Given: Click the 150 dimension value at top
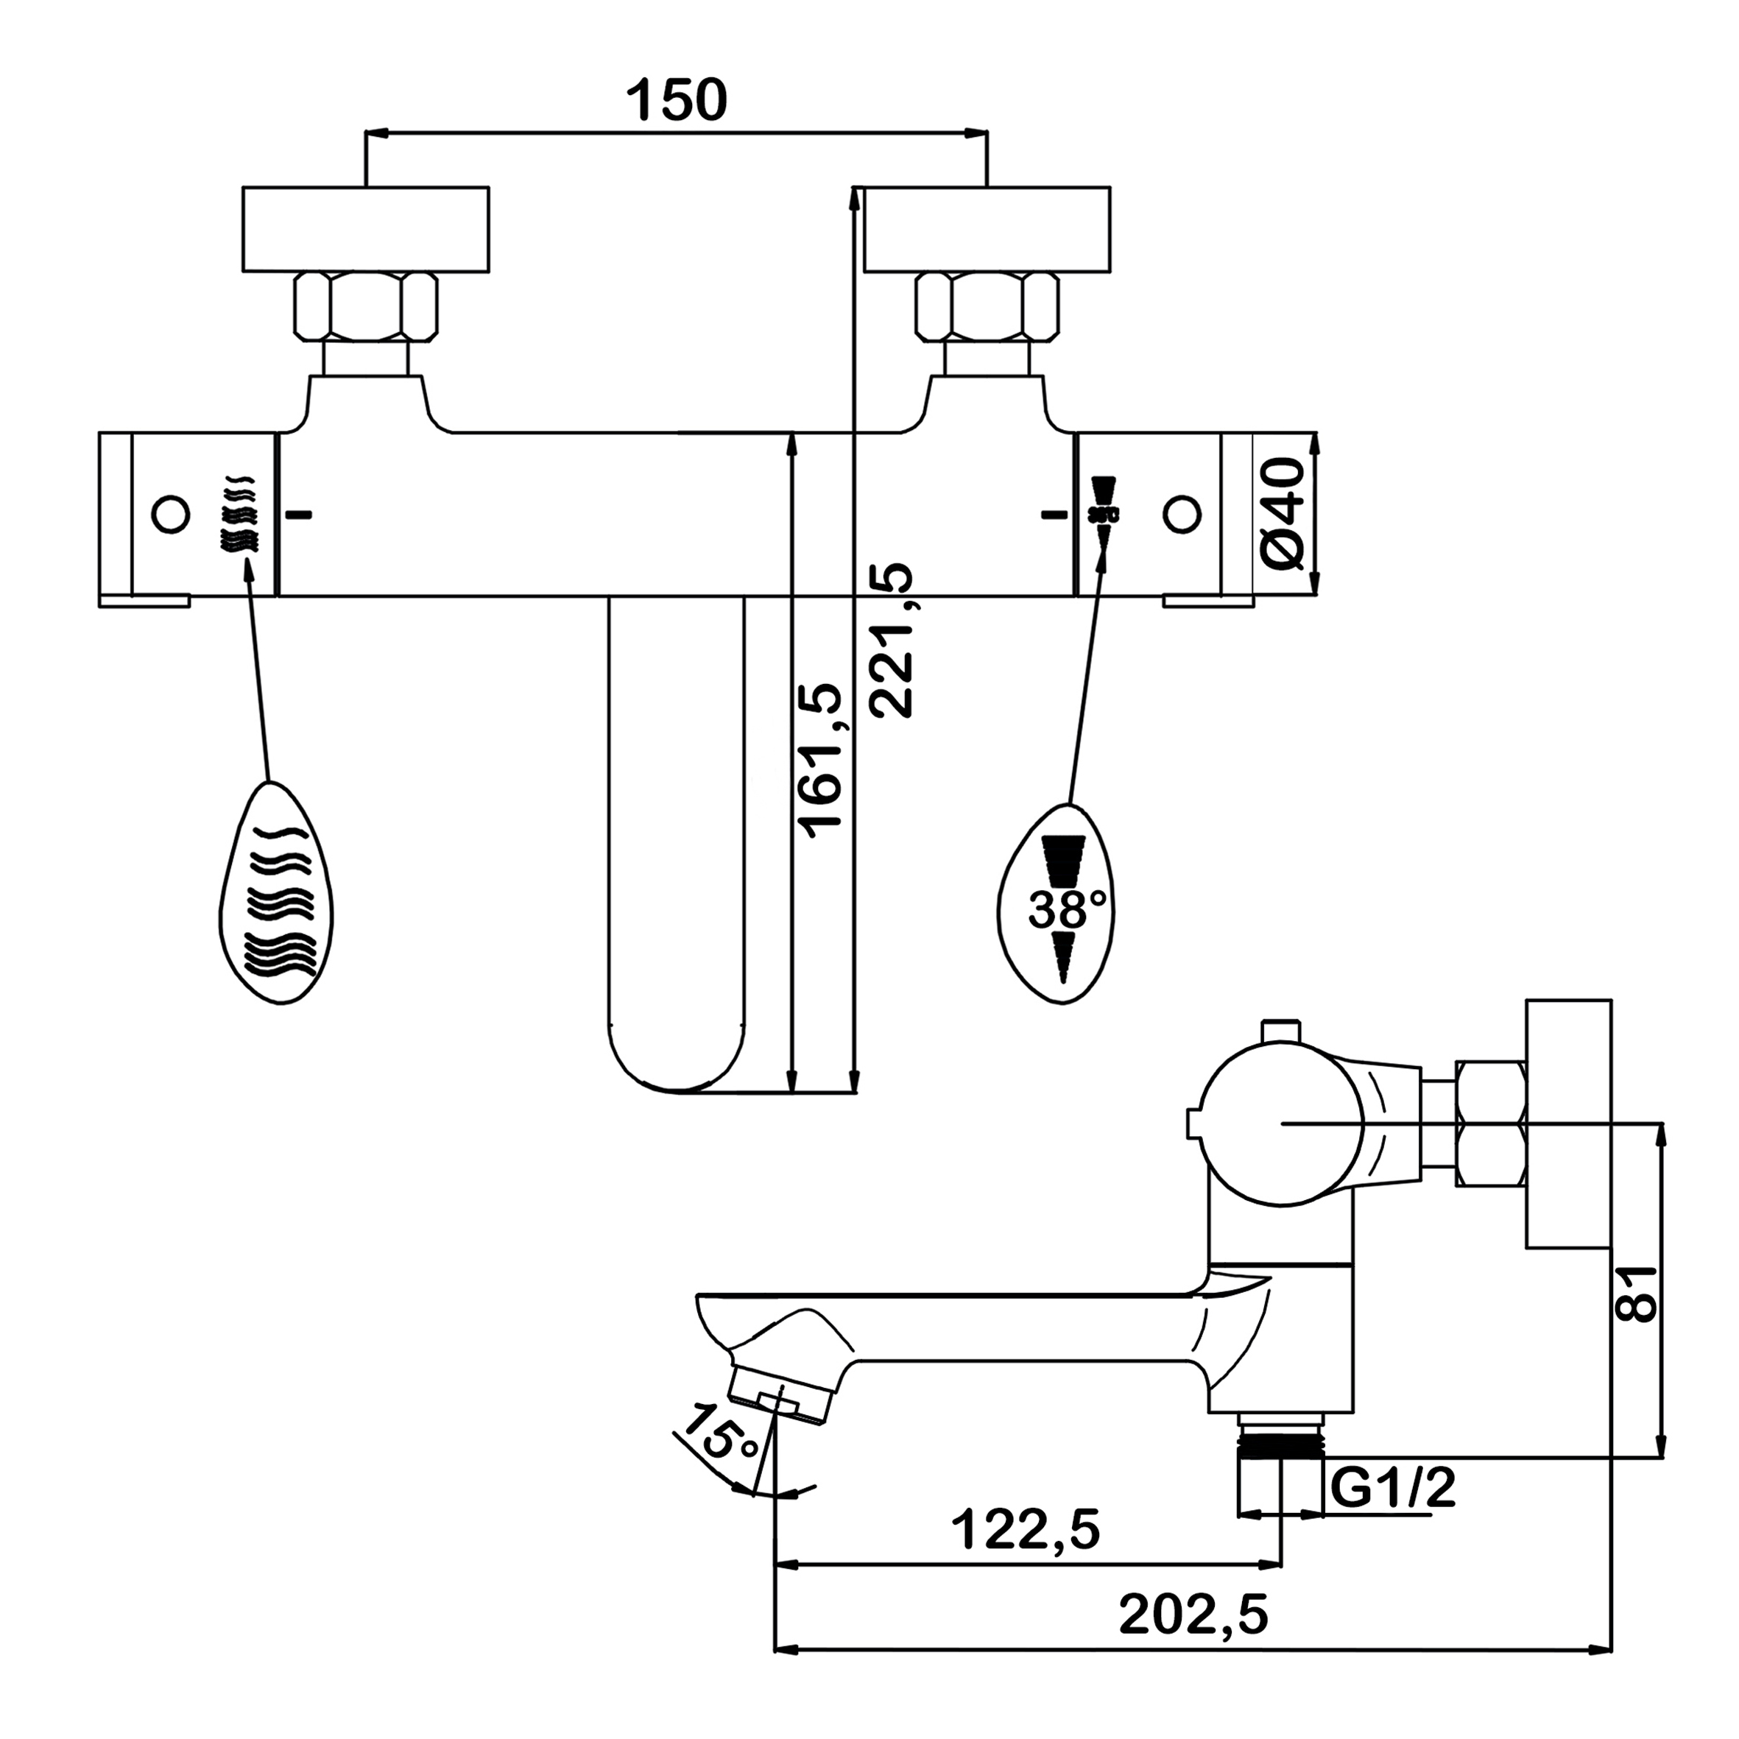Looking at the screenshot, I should click(677, 100).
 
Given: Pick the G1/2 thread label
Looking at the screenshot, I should click(1391, 1489).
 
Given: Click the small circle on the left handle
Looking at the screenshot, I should click(170, 515).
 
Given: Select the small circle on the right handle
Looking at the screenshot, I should click(1182, 515).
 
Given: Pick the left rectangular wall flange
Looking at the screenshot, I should click(365, 229).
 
